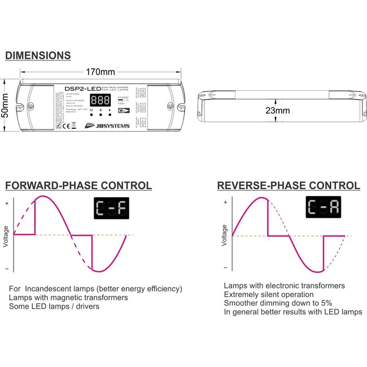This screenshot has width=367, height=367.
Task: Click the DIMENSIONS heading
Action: click(38, 55)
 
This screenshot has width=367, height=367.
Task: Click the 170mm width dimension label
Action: click(100, 72)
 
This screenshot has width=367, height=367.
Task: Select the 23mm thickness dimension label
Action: click(277, 111)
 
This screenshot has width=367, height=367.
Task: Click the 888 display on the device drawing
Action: click(100, 100)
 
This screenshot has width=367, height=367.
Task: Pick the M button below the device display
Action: click(91, 110)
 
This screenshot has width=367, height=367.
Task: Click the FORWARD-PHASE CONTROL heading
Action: click(78, 186)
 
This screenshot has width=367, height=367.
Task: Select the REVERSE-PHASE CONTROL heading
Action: click(289, 186)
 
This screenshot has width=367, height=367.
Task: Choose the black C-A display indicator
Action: click(324, 208)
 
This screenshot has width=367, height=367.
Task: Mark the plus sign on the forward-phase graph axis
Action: click(6, 203)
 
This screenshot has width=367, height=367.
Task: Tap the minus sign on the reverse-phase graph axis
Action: click(225, 268)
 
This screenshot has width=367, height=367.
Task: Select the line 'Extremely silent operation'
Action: click(268, 295)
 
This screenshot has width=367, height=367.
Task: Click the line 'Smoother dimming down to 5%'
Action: click(276, 303)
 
